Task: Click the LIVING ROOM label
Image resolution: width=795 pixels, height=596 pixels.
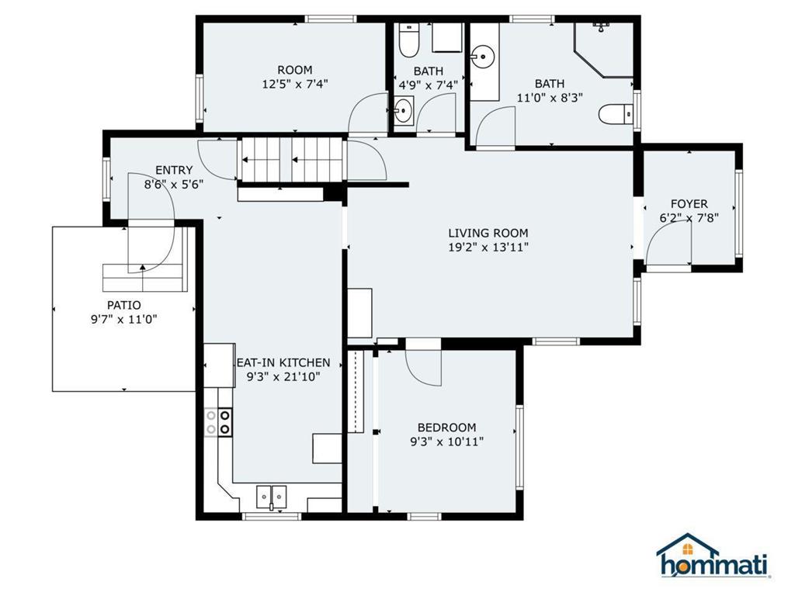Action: click(x=488, y=233)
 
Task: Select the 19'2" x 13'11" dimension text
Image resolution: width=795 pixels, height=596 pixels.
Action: click(x=488, y=248)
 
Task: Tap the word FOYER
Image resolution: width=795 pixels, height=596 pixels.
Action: click(x=689, y=204)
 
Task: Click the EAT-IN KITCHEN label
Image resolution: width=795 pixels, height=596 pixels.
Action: click(x=283, y=362)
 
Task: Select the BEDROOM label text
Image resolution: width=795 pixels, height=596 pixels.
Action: click(x=446, y=428)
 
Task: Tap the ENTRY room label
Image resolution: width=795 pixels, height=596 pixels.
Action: click(x=174, y=171)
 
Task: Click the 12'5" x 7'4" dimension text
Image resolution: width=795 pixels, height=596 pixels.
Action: click(x=295, y=84)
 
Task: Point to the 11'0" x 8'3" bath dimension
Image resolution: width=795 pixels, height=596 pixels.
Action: click(x=550, y=98)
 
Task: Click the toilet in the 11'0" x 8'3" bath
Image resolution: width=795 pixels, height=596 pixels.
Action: click(x=617, y=115)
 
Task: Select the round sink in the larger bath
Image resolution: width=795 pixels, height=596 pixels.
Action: click(x=483, y=56)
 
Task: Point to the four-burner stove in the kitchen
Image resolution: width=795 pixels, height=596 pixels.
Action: click(x=218, y=421)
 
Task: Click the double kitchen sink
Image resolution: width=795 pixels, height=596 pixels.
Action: click(x=271, y=496)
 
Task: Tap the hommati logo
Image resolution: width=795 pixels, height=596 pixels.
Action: click(x=713, y=557)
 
